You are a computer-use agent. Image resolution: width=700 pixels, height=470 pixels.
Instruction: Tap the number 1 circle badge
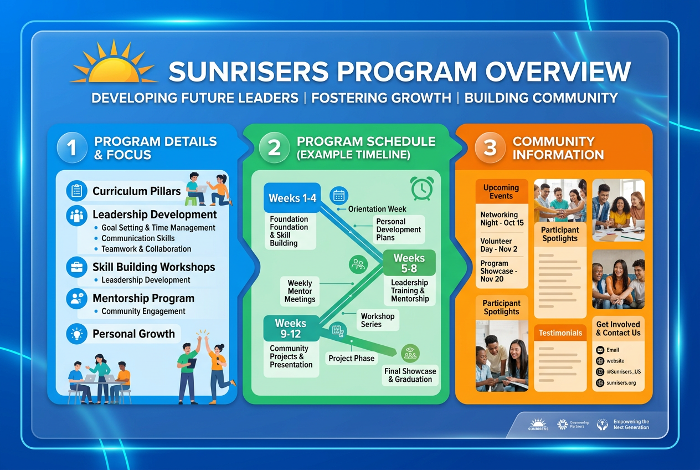point(71,147)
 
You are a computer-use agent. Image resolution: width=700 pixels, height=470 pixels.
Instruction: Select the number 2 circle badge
point(274,147)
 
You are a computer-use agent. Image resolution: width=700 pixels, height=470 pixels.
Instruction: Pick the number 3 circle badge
point(490,147)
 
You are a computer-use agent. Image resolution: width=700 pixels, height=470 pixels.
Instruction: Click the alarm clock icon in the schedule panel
point(421,188)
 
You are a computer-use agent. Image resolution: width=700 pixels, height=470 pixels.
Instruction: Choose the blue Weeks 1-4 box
point(292,198)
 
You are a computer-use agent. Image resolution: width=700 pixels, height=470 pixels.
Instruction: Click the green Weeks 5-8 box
point(409,263)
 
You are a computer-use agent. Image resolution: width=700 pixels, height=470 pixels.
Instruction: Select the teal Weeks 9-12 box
point(291,328)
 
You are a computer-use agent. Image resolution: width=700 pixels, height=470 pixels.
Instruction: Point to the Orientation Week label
point(377,209)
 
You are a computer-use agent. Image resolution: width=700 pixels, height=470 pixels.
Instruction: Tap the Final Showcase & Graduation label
point(410,375)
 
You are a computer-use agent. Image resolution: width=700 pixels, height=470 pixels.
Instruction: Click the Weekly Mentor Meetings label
point(300,291)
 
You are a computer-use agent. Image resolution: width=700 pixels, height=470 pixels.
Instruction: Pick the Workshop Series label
point(378,320)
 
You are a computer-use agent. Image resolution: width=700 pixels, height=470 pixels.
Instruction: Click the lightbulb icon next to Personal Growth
point(76,334)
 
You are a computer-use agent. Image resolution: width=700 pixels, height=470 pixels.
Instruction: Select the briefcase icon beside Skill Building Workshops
point(76,267)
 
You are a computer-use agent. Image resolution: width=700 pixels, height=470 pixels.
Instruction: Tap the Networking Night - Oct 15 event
point(502,218)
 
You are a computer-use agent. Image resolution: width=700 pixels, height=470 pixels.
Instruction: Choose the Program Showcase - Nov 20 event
point(500,271)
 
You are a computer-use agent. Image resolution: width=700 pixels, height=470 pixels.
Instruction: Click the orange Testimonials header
point(560,333)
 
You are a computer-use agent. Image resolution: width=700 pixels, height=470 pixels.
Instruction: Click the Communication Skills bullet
point(138,238)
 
